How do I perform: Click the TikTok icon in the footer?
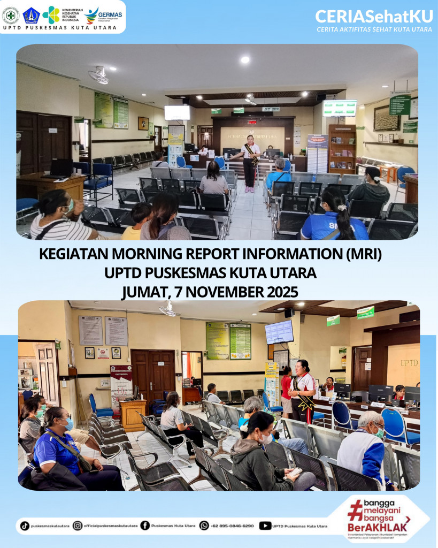(x=25, y=526)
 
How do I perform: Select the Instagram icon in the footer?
(x=78, y=526)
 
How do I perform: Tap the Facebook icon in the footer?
(x=145, y=526)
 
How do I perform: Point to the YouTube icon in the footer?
(x=265, y=526)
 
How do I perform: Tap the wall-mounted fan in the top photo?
(x=99, y=75)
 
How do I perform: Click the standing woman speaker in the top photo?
(x=250, y=163)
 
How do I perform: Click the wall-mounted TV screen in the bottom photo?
(x=279, y=332)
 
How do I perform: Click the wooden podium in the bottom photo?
(x=133, y=414)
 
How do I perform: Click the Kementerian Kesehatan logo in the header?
(x=51, y=14)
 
